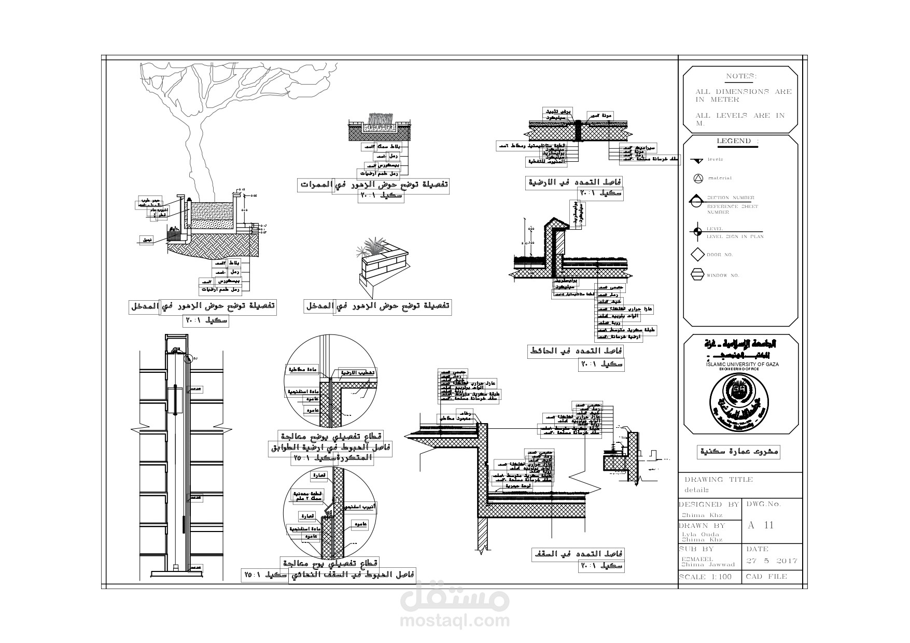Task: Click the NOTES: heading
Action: (x=741, y=77)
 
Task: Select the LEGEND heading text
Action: (x=737, y=141)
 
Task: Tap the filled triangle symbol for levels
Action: (x=697, y=160)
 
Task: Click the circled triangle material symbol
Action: (x=697, y=178)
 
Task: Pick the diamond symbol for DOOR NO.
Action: (x=697, y=255)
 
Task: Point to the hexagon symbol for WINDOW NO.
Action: (x=697, y=275)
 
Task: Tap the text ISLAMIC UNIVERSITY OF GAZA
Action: (x=742, y=365)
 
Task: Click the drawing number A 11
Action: (x=760, y=525)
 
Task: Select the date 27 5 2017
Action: (x=772, y=561)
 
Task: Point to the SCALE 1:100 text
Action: (x=705, y=577)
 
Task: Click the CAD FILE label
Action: (x=766, y=577)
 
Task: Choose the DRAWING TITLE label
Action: (x=718, y=480)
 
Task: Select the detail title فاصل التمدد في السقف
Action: (x=579, y=554)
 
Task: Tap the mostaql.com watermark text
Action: (x=455, y=620)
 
